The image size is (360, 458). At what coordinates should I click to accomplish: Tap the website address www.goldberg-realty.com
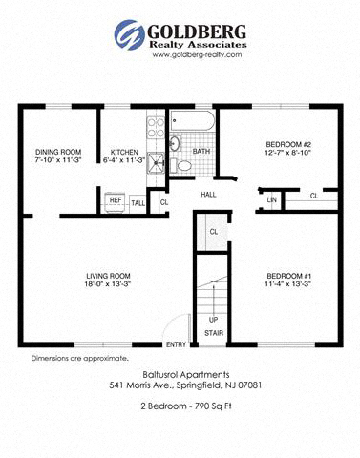click(196, 54)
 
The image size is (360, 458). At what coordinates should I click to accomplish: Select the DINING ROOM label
click(58, 152)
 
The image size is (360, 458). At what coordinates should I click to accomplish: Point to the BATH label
click(201, 151)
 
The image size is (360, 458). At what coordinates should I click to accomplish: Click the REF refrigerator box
click(116, 201)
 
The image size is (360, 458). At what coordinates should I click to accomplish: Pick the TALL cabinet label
click(138, 202)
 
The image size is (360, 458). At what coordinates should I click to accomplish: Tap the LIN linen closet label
click(272, 198)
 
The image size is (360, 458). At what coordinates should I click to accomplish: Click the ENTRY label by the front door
click(176, 344)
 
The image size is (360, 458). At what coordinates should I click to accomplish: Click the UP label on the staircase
click(213, 319)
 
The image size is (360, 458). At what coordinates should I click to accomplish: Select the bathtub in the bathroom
click(194, 122)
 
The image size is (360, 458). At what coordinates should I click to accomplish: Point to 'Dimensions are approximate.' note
click(67, 358)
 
